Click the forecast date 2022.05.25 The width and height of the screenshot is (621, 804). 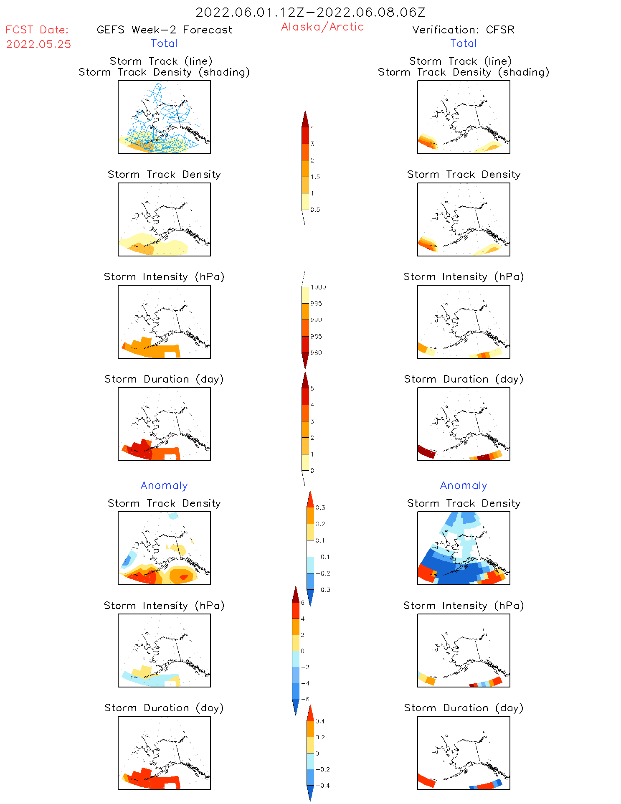click(38, 44)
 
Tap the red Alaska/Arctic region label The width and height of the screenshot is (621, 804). click(322, 27)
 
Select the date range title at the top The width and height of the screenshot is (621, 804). click(310, 12)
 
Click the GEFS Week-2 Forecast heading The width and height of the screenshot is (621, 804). click(164, 30)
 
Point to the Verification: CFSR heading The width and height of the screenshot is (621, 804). click(463, 30)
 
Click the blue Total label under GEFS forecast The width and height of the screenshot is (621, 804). click(164, 43)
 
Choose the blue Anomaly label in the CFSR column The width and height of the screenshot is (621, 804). click(463, 485)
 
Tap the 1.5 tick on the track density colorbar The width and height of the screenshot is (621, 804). click(315, 177)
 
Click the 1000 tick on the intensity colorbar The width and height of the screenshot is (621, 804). click(318, 287)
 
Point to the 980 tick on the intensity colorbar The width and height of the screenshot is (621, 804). click(316, 353)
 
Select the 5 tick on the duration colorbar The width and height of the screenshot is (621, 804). click(312, 388)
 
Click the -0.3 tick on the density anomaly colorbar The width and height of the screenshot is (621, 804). click(322, 590)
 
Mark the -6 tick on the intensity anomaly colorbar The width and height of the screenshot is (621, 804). click(305, 699)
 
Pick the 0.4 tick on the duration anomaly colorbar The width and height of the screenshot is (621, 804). click(320, 721)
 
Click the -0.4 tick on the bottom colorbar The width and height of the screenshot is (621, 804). click(322, 785)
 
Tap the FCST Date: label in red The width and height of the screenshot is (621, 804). click(37, 30)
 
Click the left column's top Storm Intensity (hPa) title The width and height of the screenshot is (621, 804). click(164, 276)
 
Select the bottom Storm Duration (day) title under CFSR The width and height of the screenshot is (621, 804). click(463, 708)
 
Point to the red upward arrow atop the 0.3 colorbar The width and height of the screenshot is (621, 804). click(310, 499)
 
